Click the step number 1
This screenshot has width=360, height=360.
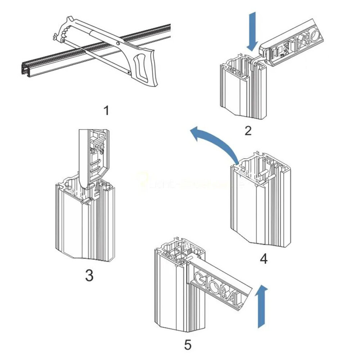point(106,111)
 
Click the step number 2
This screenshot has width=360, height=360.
point(248,130)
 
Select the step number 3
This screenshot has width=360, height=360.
point(89,275)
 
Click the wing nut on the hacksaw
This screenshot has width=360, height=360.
point(55,37)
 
